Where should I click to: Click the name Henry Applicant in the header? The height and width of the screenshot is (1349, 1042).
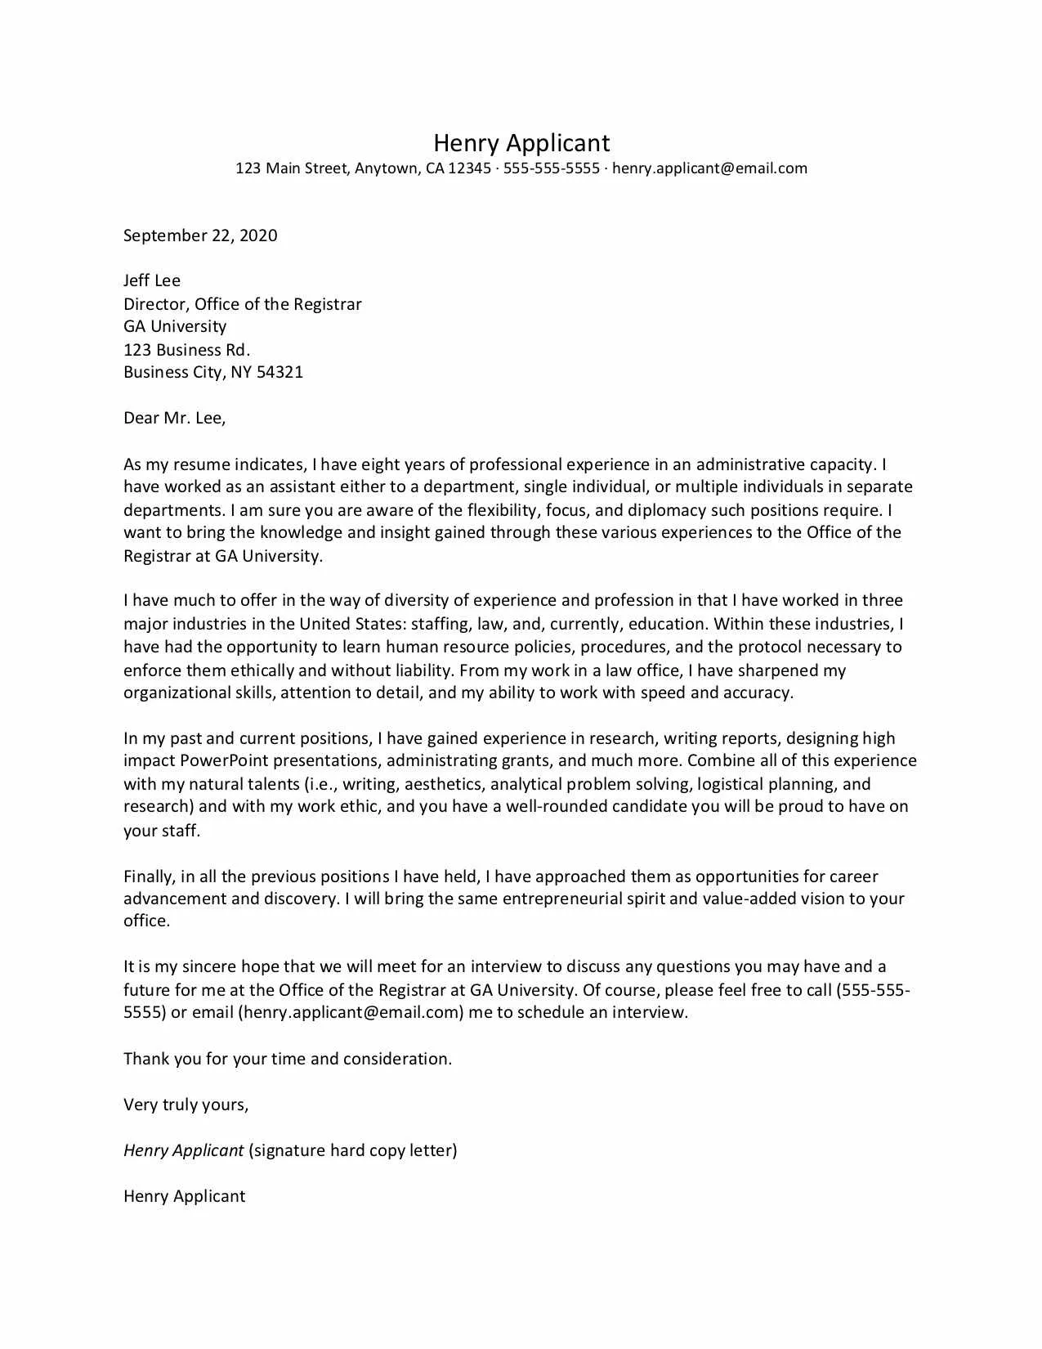[521, 143]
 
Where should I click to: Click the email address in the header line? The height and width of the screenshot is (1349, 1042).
[709, 168]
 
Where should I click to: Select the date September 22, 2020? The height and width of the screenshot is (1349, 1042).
[200, 235]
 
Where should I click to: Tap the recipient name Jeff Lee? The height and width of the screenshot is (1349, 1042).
[152, 280]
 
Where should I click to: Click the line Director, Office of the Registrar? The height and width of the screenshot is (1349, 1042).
[242, 304]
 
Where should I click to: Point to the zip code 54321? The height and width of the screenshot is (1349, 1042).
[280, 372]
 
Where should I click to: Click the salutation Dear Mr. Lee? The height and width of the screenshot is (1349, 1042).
[174, 418]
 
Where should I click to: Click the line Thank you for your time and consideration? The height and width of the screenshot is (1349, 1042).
[288, 1059]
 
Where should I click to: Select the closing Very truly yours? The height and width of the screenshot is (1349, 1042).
[186, 1105]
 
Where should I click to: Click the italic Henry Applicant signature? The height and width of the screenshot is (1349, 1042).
[183, 1150]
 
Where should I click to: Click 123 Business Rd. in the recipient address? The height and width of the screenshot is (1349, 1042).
[186, 350]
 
